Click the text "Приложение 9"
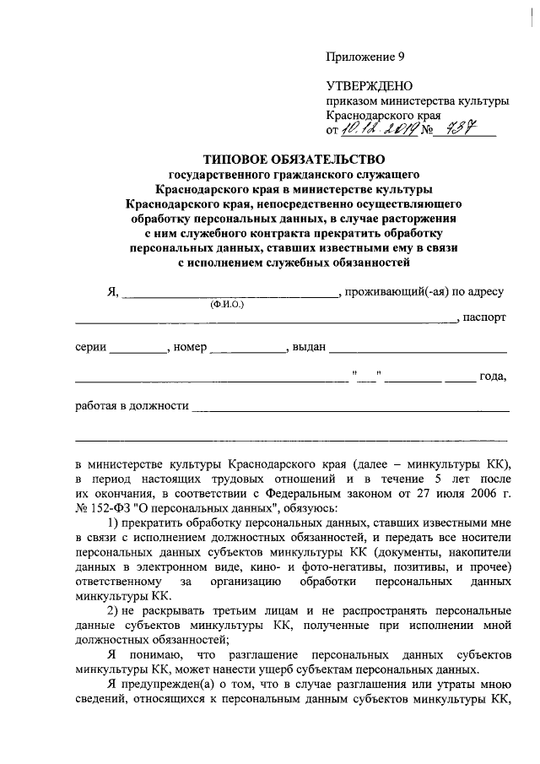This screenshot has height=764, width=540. coord(365,57)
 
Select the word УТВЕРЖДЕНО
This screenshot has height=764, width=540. coord(369,86)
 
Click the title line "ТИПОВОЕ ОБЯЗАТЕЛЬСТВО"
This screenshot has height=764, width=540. coord(293,158)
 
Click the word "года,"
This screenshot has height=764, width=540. coord(491,377)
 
